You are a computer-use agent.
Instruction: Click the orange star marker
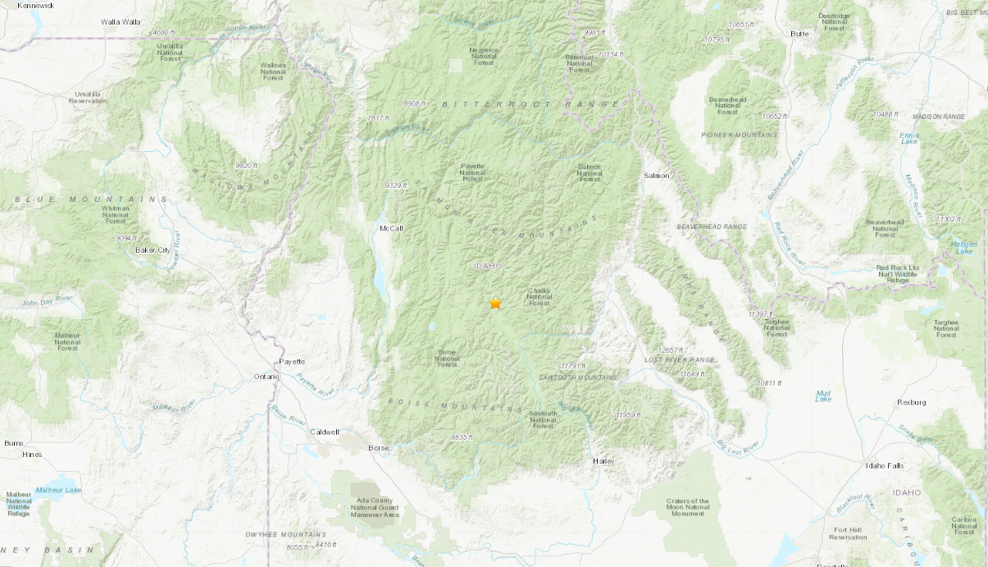tap(495, 303)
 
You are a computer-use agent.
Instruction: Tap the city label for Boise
tap(379, 448)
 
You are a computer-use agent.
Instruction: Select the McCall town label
tap(391, 228)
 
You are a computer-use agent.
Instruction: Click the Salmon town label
tap(656, 176)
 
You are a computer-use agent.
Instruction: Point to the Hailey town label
tap(603, 461)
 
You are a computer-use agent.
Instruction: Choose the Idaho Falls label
tap(885, 465)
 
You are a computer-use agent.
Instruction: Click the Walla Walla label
tap(121, 21)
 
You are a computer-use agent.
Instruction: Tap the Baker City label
tap(153, 249)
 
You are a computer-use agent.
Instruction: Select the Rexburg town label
tap(911, 402)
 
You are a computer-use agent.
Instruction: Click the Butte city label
tap(799, 34)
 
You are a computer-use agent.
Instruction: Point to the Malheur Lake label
tap(62, 490)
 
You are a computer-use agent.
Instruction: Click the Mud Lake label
tap(823, 396)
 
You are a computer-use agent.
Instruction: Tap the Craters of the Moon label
tap(687, 506)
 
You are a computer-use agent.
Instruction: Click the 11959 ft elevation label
tap(630, 415)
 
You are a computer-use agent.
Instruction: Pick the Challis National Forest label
tap(539, 296)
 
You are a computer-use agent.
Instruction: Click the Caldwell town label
tap(324, 432)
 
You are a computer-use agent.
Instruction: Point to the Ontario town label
tap(266, 377)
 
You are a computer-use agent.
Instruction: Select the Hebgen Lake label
tap(963, 247)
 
